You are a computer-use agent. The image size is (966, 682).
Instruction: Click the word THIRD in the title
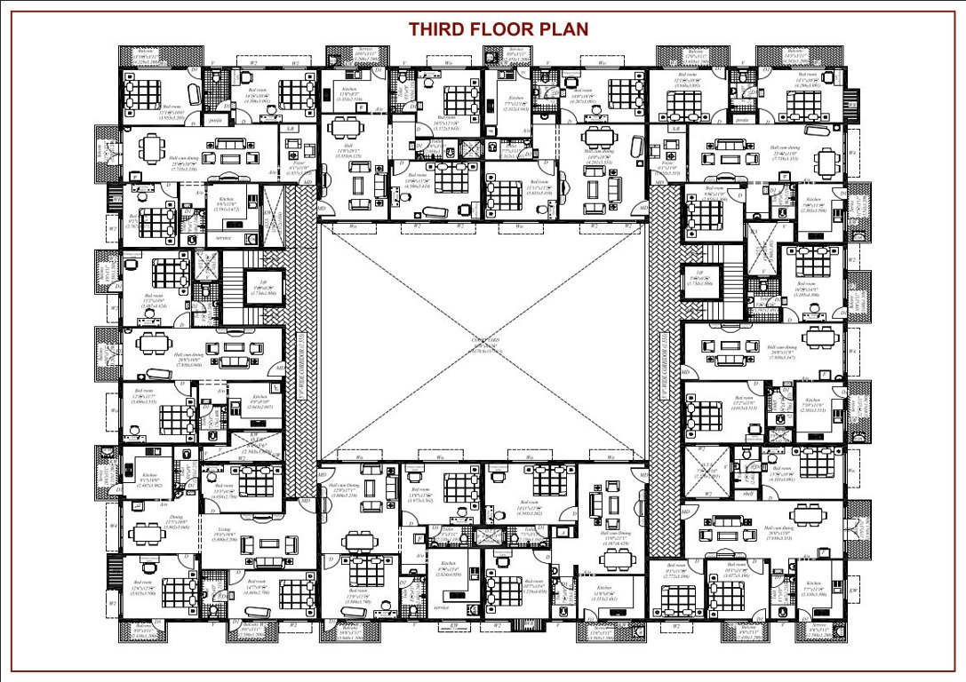[438, 28]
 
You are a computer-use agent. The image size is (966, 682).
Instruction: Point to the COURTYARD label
[484, 342]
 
